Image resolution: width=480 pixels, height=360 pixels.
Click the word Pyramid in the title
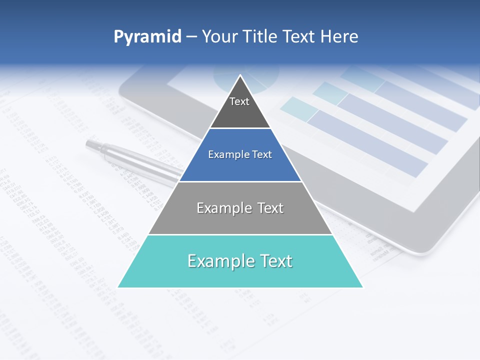(147, 37)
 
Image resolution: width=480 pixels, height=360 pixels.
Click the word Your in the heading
(219, 36)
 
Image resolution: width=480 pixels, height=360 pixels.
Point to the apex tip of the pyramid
(240, 76)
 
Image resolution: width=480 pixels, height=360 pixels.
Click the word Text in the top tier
(239, 101)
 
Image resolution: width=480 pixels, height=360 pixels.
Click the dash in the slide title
(191, 37)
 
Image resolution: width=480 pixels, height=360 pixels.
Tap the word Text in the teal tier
(274, 261)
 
